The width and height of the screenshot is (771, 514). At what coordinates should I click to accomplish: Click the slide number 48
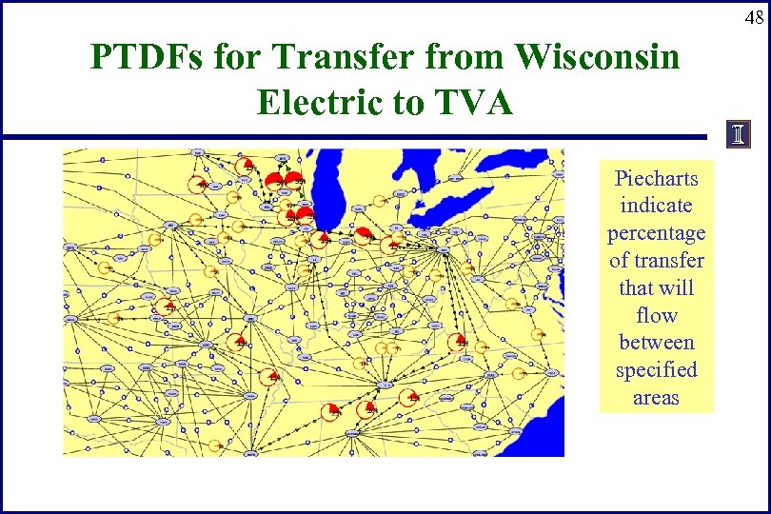coord(753,17)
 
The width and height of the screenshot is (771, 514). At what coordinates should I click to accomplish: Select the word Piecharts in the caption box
coord(656,178)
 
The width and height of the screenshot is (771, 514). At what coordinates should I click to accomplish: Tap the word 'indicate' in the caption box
coord(656,206)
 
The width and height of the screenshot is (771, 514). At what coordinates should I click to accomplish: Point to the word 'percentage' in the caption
coord(656,233)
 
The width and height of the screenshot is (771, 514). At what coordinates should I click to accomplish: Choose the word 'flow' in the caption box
coord(656,315)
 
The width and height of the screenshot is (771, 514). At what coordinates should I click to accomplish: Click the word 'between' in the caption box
coord(656,343)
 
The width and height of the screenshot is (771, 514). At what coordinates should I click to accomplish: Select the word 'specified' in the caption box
coord(656,370)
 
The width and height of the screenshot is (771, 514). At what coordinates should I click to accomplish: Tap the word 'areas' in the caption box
coord(656,398)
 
